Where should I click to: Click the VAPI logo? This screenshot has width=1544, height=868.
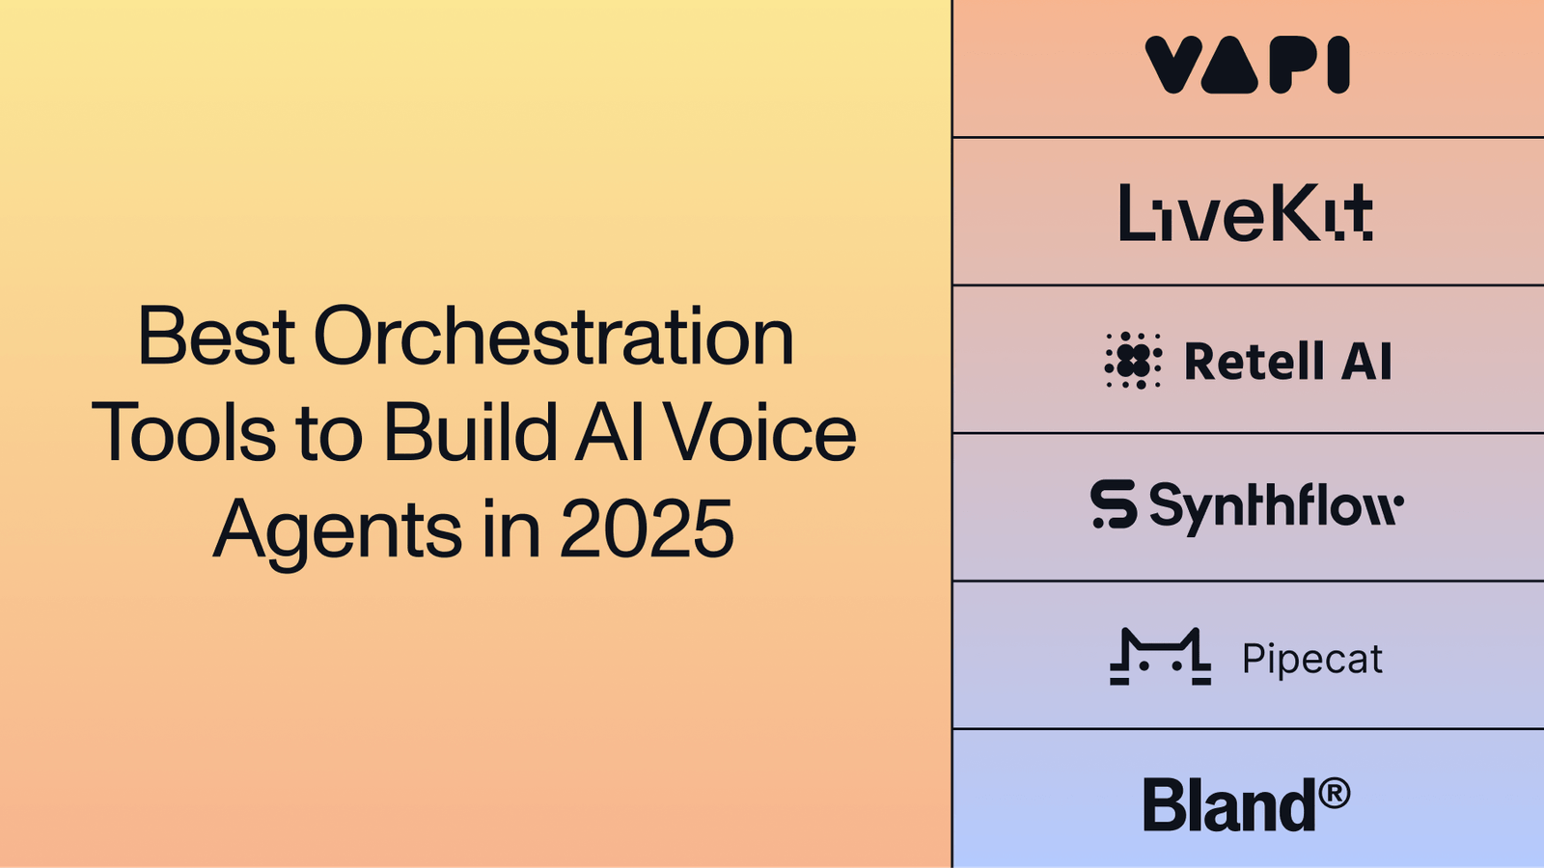pyautogui.click(x=1247, y=66)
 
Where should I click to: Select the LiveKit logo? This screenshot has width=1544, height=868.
pyautogui.click(x=1245, y=212)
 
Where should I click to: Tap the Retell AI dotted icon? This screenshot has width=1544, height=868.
pyautogui.click(x=1133, y=361)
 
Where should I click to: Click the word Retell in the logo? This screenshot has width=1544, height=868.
pyautogui.click(x=1254, y=362)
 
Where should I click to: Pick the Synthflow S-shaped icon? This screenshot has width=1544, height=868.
pyautogui.click(x=1114, y=504)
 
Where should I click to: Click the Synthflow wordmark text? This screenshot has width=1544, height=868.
pyautogui.click(x=1276, y=506)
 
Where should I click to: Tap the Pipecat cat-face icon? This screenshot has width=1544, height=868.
pyautogui.click(x=1160, y=657)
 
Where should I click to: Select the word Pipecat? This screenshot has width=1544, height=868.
pyautogui.click(x=1311, y=659)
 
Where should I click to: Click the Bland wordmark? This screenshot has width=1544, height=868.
pyautogui.click(x=1228, y=805)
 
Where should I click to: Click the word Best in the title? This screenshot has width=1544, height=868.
pyautogui.click(x=216, y=337)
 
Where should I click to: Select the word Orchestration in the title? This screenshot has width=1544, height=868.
pyautogui.click(x=553, y=337)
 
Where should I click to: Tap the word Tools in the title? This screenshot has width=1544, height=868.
pyautogui.click(x=183, y=433)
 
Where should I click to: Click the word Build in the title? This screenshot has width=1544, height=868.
pyautogui.click(x=471, y=433)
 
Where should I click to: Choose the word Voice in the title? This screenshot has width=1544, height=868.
pyautogui.click(x=759, y=433)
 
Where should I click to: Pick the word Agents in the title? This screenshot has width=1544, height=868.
pyautogui.click(x=338, y=529)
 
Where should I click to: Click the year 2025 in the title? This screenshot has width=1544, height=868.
pyautogui.click(x=647, y=529)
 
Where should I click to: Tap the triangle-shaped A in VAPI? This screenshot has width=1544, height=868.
pyautogui.click(x=1229, y=66)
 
